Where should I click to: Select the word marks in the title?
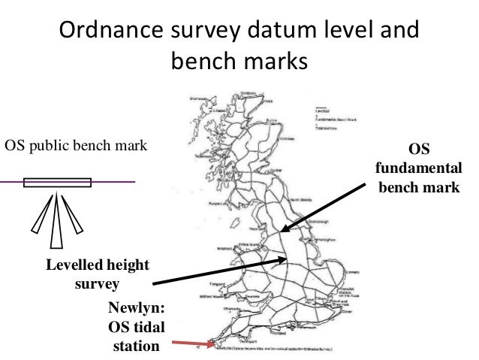click(x=273, y=62)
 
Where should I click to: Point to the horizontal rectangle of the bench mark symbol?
click(x=57, y=183)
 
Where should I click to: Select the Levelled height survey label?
click(x=97, y=275)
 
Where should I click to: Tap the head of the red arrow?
click(x=212, y=346)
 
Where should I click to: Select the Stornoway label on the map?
click(x=198, y=99)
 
